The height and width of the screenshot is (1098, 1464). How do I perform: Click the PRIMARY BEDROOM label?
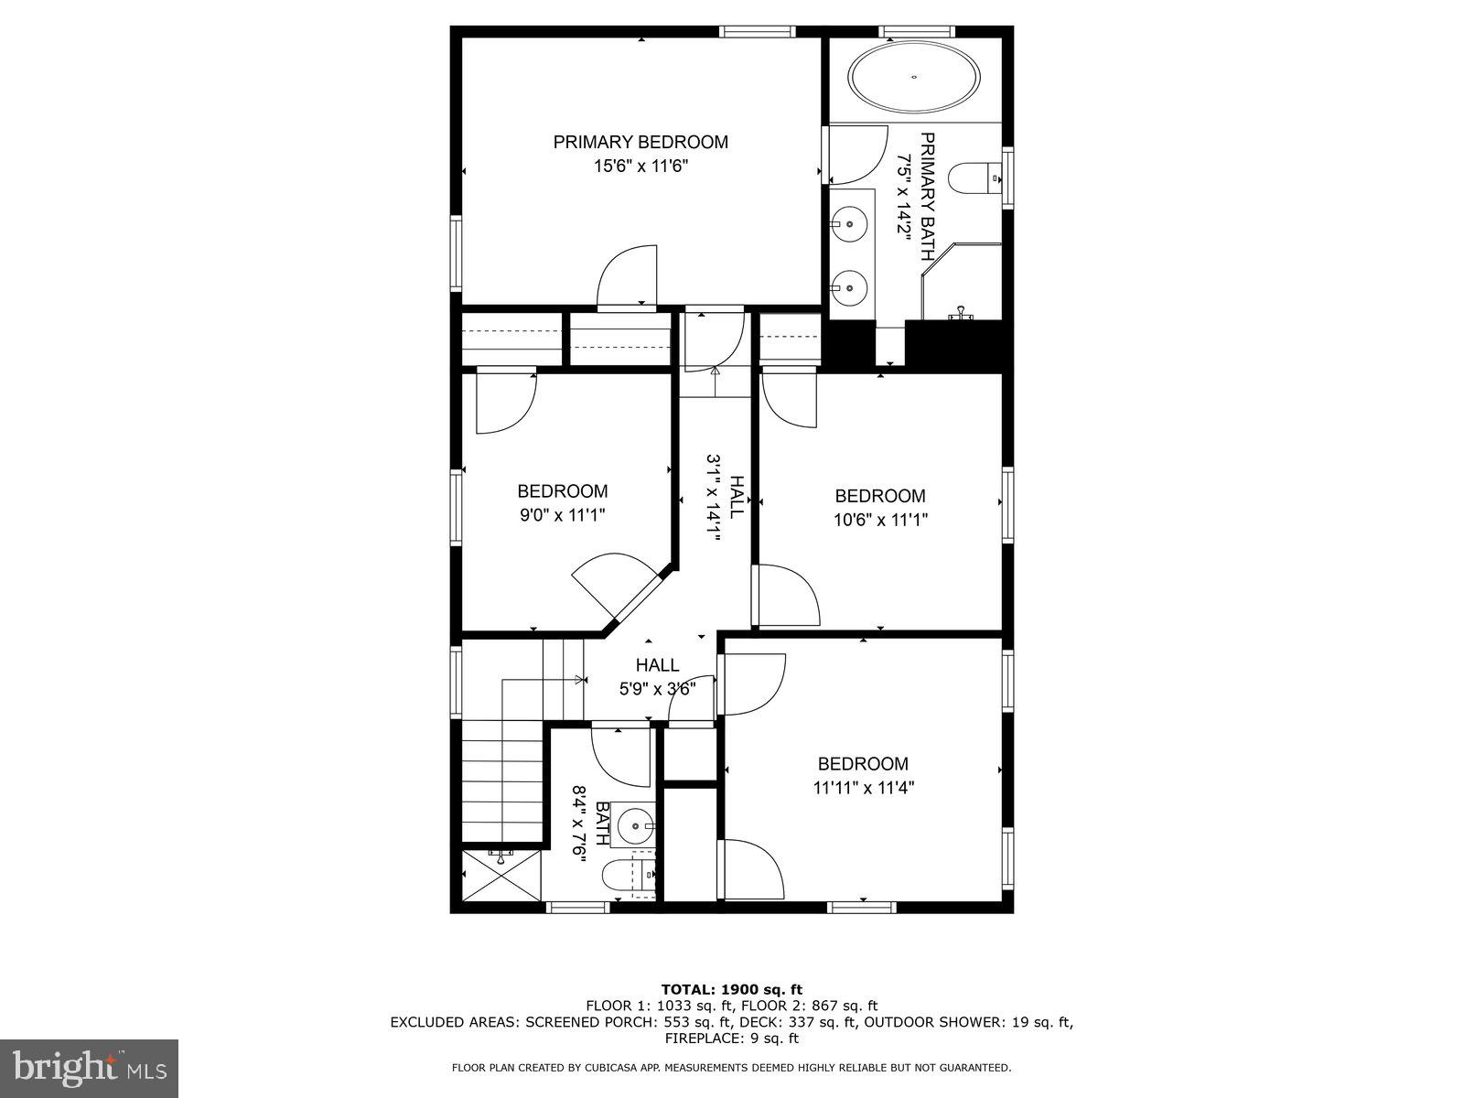[x=640, y=142]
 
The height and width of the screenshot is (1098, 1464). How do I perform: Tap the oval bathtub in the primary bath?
[x=914, y=77]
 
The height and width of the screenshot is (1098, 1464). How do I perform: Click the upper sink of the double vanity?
[x=851, y=221]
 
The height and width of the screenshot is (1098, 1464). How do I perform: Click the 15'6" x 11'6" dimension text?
[x=640, y=167]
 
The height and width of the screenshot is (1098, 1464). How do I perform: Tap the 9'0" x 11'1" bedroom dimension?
[x=562, y=515]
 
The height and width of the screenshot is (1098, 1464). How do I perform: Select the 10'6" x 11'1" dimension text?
[x=879, y=520]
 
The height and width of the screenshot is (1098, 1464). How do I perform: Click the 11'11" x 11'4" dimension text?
[x=863, y=788]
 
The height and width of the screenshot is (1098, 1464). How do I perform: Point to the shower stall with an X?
[x=501, y=876]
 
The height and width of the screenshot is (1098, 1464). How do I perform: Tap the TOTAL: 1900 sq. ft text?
[x=731, y=989]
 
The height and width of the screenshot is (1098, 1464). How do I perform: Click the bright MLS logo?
[x=89, y=1068]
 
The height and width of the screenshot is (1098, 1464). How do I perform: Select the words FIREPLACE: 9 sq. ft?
[x=731, y=1039]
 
